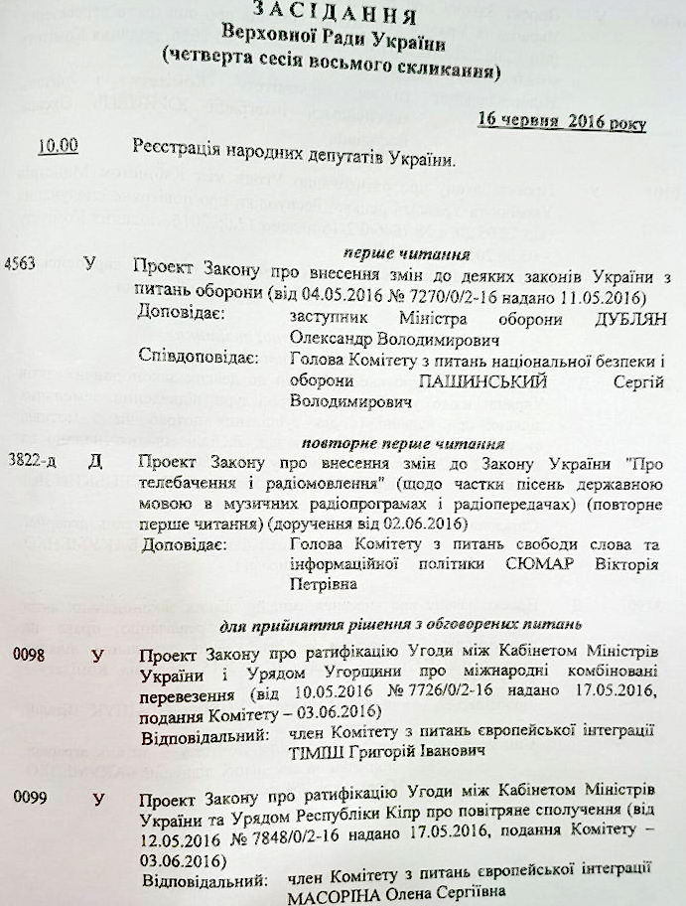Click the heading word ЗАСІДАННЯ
coord(336,13)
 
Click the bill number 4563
coord(21,264)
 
